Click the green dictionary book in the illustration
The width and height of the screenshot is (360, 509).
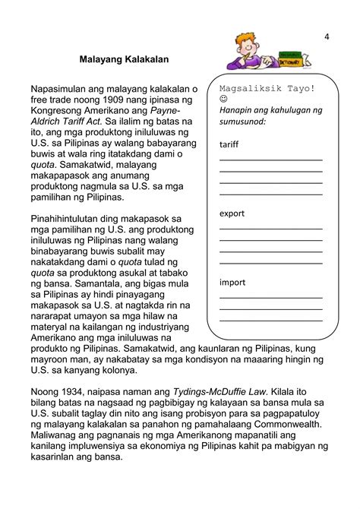pos(292,58)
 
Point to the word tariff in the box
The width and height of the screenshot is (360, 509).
pos(229,144)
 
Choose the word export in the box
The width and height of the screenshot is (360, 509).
pos(232,213)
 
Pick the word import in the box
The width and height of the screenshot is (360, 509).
pos(232,282)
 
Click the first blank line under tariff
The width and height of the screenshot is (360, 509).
pos(270,160)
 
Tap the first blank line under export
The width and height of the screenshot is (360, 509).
pos(270,229)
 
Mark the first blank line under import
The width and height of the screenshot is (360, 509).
pos(270,297)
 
